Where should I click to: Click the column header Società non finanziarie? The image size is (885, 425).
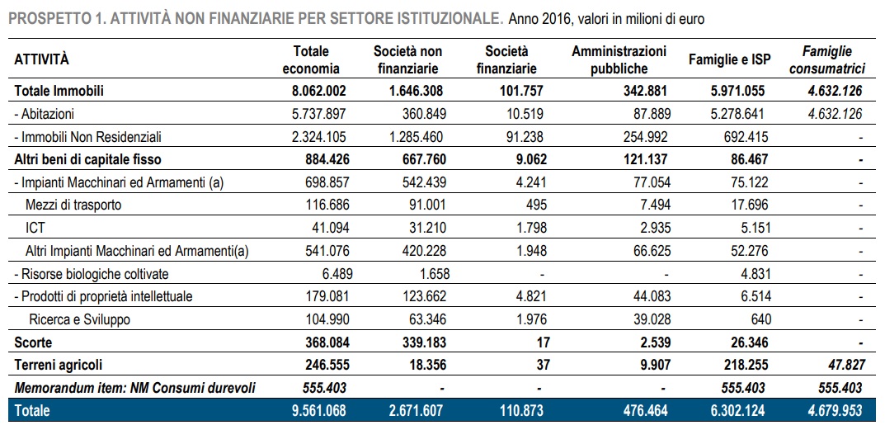click(x=408, y=59)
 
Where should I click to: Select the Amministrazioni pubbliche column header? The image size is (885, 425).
click(x=619, y=59)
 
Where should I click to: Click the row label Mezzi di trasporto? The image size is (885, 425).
click(x=73, y=205)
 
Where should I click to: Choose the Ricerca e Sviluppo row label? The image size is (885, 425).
click(x=79, y=319)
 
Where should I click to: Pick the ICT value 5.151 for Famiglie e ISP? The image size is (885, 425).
click(x=754, y=228)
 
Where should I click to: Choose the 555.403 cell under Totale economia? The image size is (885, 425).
click(x=321, y=388)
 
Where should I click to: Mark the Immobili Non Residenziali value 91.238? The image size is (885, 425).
click(x=526, y=137)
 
